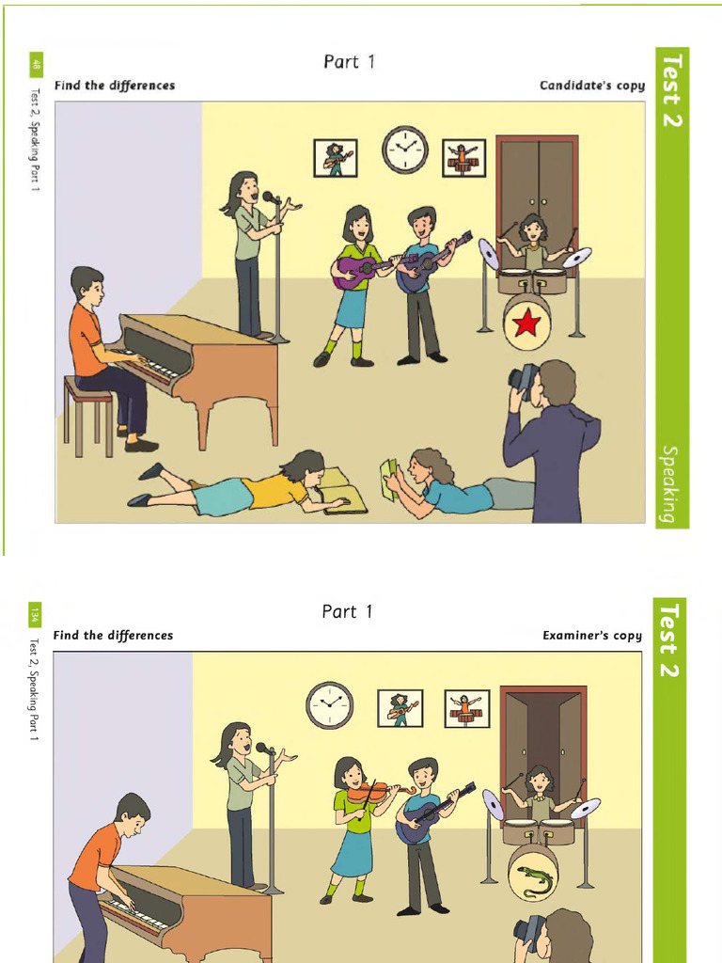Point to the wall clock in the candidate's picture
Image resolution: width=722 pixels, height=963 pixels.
click(404, 150)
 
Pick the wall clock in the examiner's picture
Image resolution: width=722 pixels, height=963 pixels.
click(329, 705)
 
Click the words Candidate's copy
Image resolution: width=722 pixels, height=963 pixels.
click(591, 86)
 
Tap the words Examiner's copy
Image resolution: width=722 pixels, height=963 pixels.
click(592, 636)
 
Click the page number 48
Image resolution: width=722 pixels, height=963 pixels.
click(37, 66)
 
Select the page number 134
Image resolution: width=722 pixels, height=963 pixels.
click(35, 615)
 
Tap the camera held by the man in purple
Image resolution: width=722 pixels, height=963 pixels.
click(522, 377)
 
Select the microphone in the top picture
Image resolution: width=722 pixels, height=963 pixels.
click(269, 197)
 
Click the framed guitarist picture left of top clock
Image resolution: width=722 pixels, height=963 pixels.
click(335, 158)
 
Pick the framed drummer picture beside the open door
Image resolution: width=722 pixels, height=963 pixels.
click(466, 708)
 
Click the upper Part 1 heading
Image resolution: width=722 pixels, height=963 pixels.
click(350, 62)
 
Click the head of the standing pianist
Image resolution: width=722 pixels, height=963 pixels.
click(133, 811)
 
